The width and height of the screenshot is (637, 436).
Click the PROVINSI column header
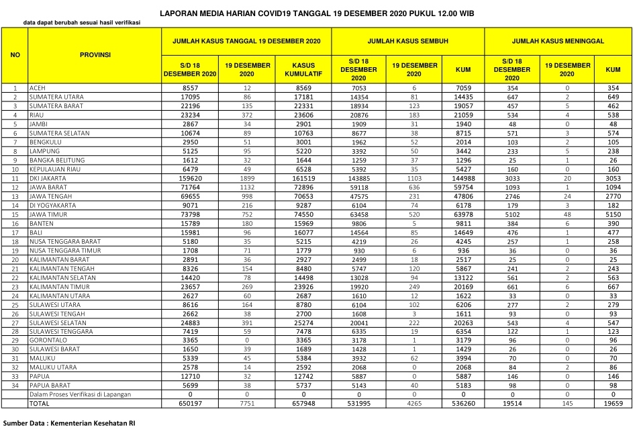point(95,54)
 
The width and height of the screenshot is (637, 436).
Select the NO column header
point(14,54)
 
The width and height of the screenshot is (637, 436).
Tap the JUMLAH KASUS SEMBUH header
point(407,41)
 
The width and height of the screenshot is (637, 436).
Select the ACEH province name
point(37,88)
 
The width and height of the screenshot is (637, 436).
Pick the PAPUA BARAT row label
point(48,386)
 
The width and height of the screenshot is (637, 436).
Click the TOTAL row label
point(39,403)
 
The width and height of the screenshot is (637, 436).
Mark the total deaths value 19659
point(612,403)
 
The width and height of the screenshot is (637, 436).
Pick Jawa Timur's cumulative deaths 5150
point(612,214)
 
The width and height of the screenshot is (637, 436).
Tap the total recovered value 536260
point(462,403)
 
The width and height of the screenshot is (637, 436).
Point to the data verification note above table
point(81,23)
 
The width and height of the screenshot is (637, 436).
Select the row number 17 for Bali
point(14,232)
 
